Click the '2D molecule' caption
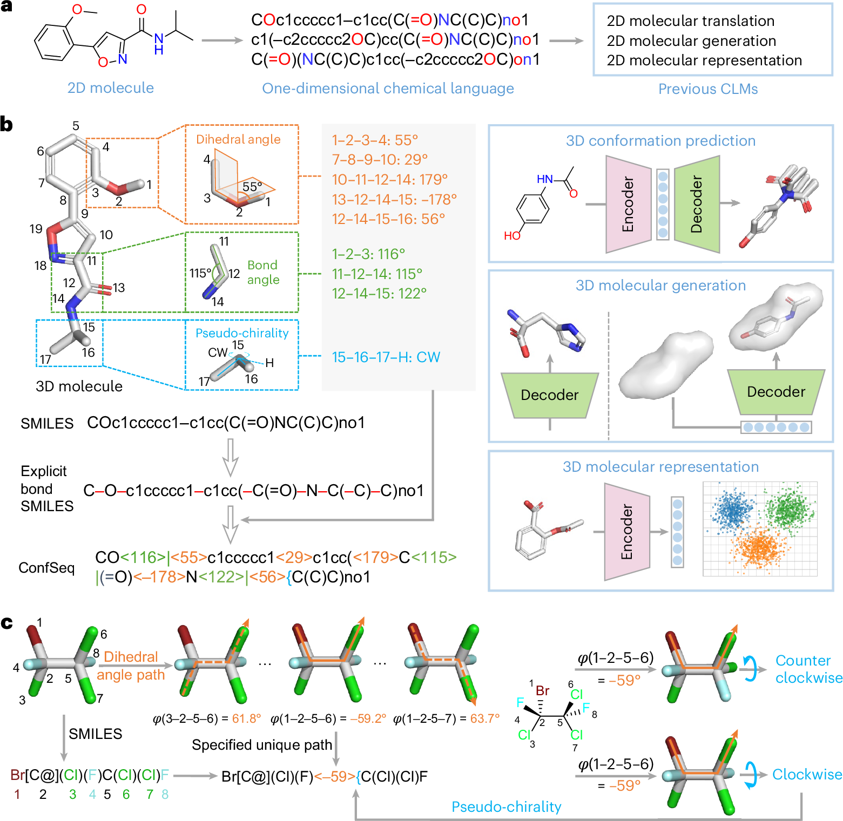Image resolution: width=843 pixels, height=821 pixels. pos(111,88)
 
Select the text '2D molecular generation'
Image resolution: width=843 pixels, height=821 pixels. pos(691,41)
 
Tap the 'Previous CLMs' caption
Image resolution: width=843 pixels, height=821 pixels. pos(708,89)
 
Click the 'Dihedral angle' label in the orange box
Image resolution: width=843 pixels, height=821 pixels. pos(238,139)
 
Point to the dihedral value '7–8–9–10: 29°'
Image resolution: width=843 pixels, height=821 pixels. pos(380,160)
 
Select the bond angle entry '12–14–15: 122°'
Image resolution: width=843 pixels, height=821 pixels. pos(379,294)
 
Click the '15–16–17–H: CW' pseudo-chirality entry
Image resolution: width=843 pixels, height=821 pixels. pos(386,357)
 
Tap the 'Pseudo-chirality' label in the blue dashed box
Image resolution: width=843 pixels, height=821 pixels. pos(242,333)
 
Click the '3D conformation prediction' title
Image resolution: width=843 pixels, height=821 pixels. pos(661,141)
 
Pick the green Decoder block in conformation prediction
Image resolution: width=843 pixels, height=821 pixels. pos(697,204)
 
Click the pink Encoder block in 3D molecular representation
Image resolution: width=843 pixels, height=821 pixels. pos(626,532)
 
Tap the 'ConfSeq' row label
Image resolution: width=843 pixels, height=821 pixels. pos(46,568)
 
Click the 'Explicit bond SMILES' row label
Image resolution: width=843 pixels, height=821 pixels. pos(47,488)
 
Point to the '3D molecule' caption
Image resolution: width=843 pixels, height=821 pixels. pos(79,386)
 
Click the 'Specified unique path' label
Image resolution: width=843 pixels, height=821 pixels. pos(262,745)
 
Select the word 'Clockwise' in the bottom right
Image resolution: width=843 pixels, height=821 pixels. pos(807,775)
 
